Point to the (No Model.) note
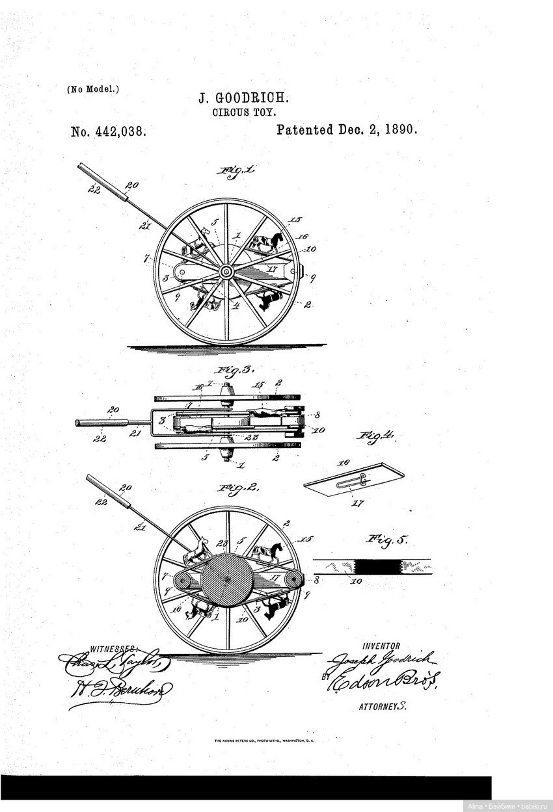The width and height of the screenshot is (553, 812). click(93, 89)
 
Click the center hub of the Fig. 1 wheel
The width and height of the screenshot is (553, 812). click(226, 272)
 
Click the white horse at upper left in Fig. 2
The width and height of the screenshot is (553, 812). click(198, 551)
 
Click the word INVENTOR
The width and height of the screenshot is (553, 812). click(381, 646)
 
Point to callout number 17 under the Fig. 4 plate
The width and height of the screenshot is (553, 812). click(357, 503)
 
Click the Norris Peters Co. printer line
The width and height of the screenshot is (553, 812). click(263, 740)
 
